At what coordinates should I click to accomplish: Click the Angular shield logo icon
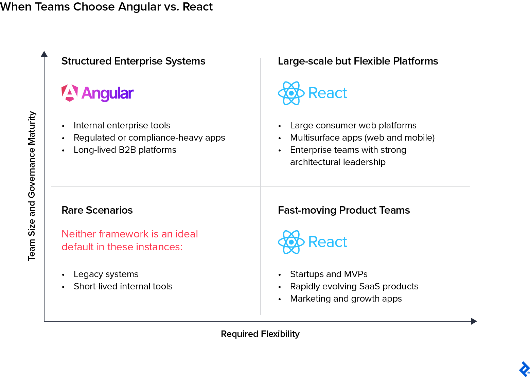pyautogui.click(x=70, y=93)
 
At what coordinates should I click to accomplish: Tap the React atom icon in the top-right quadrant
pyautogui.click(x=291, y=93)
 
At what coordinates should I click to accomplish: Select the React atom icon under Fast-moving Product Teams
pyautogui.click(x=291, y=242)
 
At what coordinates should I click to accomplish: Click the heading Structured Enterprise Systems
pyautogui.click(x=133, y=61)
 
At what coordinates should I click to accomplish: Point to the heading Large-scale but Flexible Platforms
pyautogui.click(x=358, y=61)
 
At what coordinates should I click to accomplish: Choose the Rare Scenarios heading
pyautogui.click(x=97, y=210)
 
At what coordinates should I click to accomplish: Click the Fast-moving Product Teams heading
pyautogui.click(x=344, y=210)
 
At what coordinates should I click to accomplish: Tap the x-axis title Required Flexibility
pyautogui.click(x=260, y=334)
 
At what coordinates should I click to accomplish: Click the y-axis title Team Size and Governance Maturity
pyautogui.click(x=32, y=186)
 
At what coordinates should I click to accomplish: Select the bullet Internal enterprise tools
pyautogui.click(x=122, y=125)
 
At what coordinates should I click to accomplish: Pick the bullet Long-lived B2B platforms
pyautogui.click(x=125, y=150)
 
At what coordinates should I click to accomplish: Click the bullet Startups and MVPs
pyautogui.click(x=329, y=274)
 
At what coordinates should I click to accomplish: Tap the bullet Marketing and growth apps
pyautogui.click(x=346, y=299)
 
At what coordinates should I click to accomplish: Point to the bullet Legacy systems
pyautogui.click(x=106, y=274)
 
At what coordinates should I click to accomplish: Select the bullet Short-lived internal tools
pyautogui.click(x=123, y=286)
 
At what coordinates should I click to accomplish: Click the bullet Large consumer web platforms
pyautogui.click(x=353, y=125)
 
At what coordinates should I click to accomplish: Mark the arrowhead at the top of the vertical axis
pyautogui.click(x=44, y=54)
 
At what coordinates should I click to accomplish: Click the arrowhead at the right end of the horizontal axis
pyautogui.click(x=474, y=321)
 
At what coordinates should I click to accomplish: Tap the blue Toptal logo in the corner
pyautogui.click(x=524, y=369)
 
